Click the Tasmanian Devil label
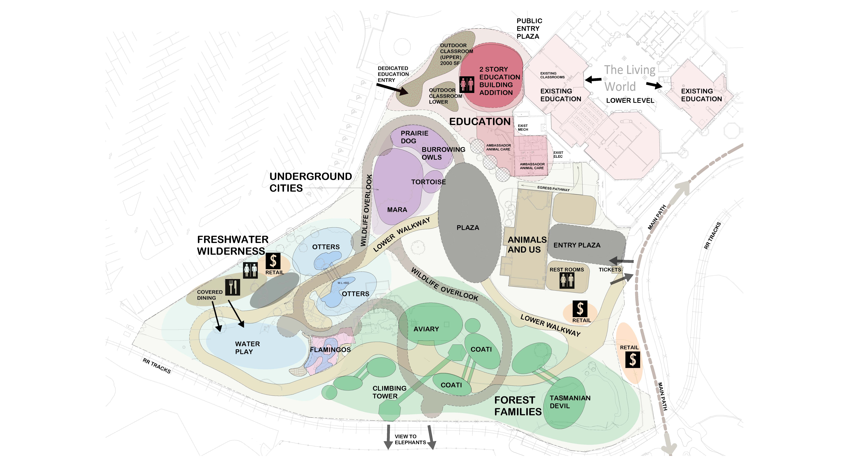570,402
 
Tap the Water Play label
247,348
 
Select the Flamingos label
330,350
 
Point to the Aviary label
426,329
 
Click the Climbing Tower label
389,392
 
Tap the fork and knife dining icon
233,287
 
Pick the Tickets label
610,270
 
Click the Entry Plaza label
577,245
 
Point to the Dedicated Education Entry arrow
393,88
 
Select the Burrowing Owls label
443,153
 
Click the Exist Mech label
523,128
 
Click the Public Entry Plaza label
529,29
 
